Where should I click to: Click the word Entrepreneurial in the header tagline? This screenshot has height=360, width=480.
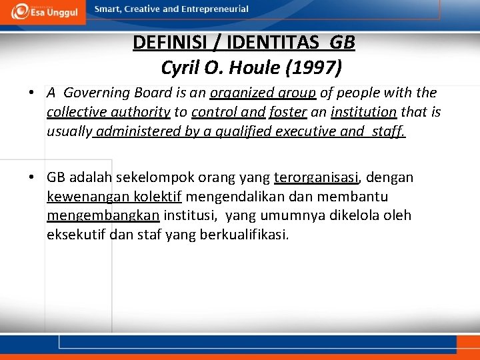click(217, 9)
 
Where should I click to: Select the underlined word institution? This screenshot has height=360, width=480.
click(364, 112)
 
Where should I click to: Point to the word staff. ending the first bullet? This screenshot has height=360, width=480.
click(388, 131)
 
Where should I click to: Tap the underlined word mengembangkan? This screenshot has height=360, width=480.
click(103, 216)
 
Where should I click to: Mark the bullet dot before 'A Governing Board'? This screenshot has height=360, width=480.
click(32, 93)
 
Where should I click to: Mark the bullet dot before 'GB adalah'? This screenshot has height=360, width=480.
click(32, 178)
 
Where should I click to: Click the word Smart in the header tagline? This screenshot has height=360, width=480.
click(107, 9)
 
